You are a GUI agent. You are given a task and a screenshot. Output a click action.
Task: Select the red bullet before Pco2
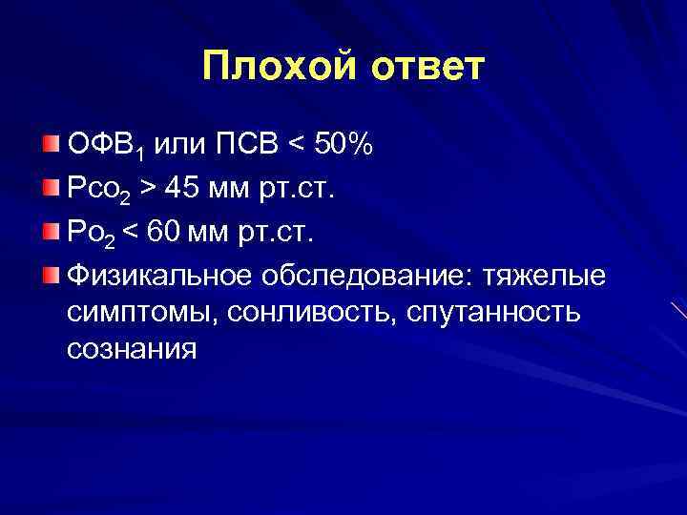[x=51, y=187]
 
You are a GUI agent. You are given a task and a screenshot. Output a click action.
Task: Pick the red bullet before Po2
[x=51, y=231]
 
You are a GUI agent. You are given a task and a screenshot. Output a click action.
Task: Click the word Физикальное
[x=158, y=276]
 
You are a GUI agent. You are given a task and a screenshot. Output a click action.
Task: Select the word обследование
[x=367, y=276]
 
